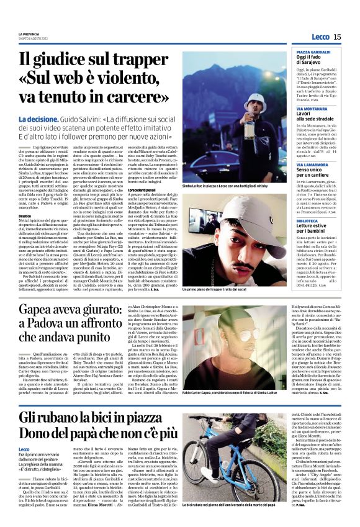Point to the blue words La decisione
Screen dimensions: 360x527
(38, 119)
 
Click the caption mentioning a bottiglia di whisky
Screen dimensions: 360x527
(227, 185)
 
